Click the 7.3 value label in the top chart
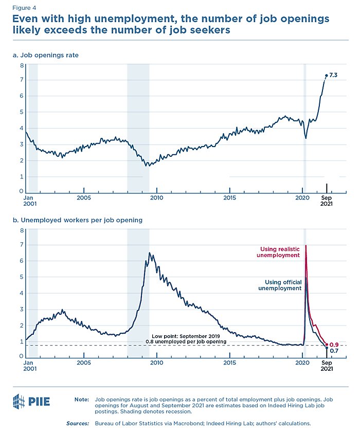point(333,75)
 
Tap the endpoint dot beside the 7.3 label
point(326,76)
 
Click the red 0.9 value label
point(333,344)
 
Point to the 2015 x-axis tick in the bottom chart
point(229,362)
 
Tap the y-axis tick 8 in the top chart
point(21,66)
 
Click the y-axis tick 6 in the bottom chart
point(21,261)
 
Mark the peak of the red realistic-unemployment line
point(306,246)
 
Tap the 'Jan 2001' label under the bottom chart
point(30,365)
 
